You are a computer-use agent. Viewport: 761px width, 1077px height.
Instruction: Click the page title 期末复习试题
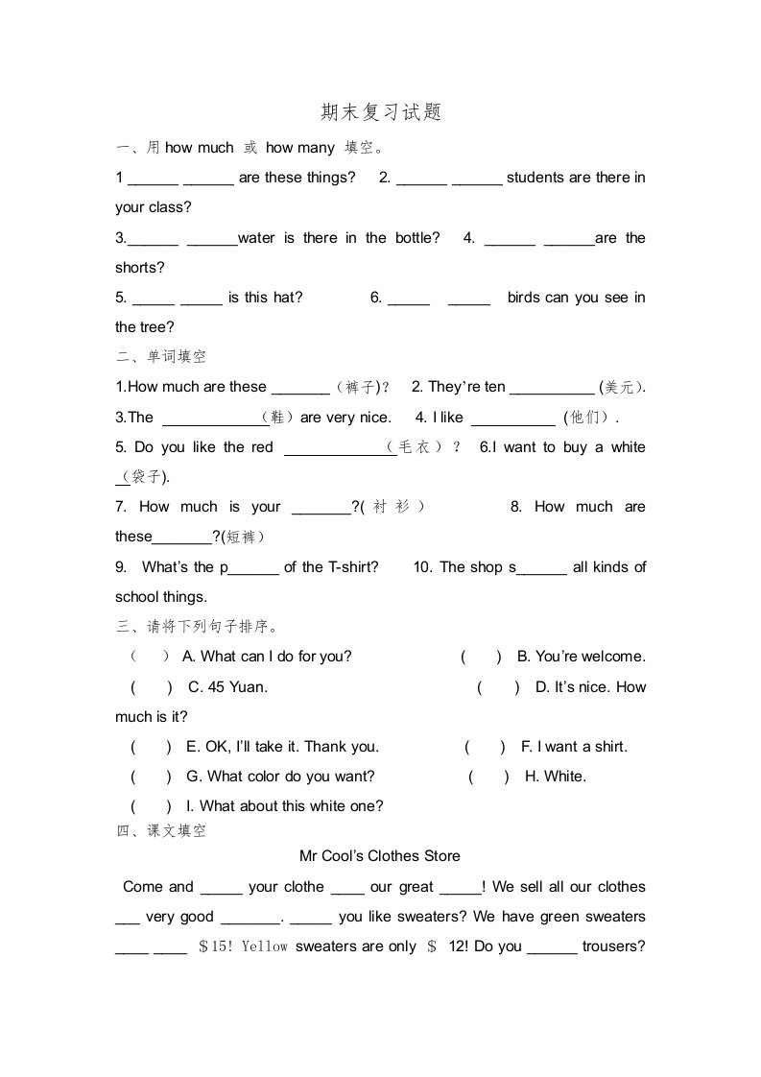coord(381,112)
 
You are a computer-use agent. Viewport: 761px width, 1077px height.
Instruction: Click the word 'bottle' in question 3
coord(416,238)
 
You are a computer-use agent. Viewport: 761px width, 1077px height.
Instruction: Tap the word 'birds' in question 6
coord(524,298)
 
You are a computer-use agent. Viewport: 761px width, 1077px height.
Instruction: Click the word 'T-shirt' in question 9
coord(352,567)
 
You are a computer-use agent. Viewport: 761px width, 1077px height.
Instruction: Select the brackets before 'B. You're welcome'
coord(481,657)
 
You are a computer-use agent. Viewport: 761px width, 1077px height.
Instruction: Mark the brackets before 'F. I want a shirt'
coord(485,747)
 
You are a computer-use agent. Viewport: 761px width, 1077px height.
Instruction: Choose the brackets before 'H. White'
coord(489,777)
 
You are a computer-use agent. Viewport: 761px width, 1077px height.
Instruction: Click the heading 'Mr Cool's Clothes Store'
coord(380,856)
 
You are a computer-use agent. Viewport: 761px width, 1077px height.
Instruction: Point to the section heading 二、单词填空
coord(161,357)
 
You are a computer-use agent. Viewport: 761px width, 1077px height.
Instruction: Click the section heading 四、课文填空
coord(161,831)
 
